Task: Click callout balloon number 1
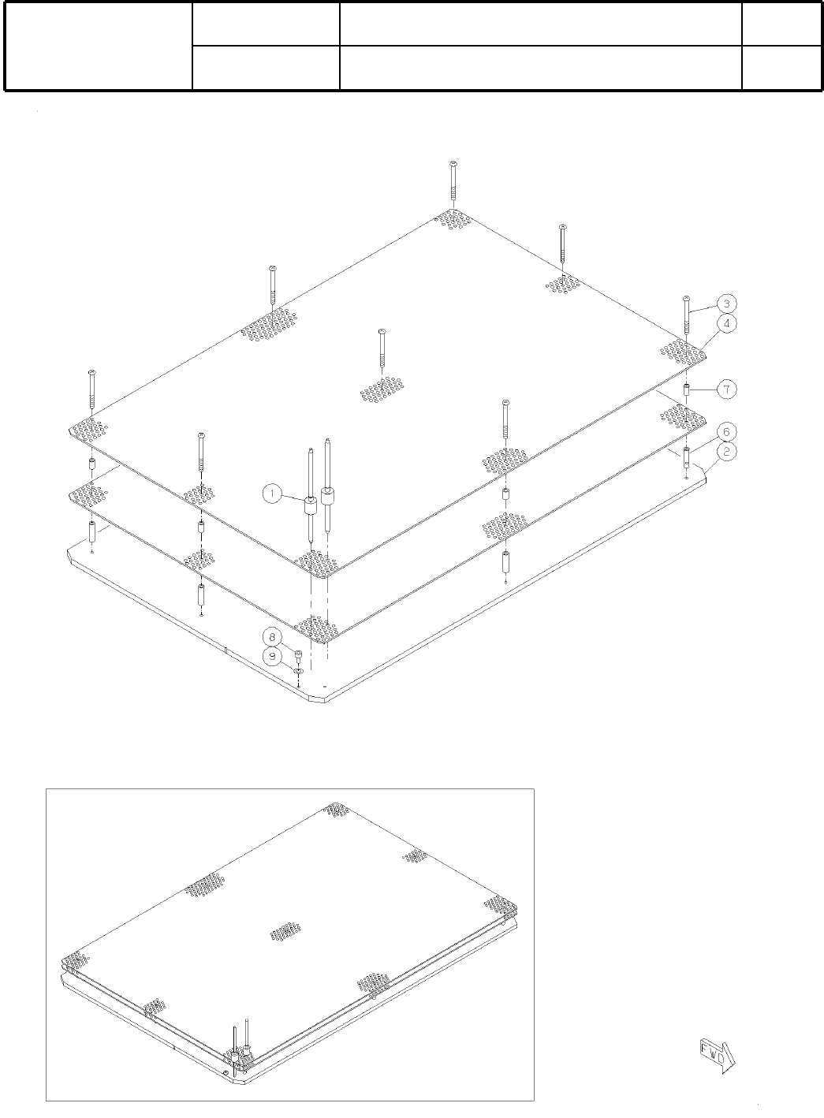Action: click(x=272, y=494)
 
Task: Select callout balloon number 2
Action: click(x=726, y=451)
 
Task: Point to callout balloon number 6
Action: click(x=726, y=431)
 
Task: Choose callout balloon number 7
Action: click(x=726, y=389)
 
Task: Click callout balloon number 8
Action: click(x=273, y=636)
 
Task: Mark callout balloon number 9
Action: click(x=273, y=655)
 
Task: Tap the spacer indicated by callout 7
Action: click(x=687, y=389)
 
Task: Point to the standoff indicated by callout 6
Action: click(x=687, y=457)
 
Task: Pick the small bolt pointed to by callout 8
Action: click(x=298, y=655)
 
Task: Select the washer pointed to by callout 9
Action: click(x=299, y=670)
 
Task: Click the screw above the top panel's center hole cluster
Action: click(x=382, y=347)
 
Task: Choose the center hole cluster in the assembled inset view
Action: click(x=284, y=931)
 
